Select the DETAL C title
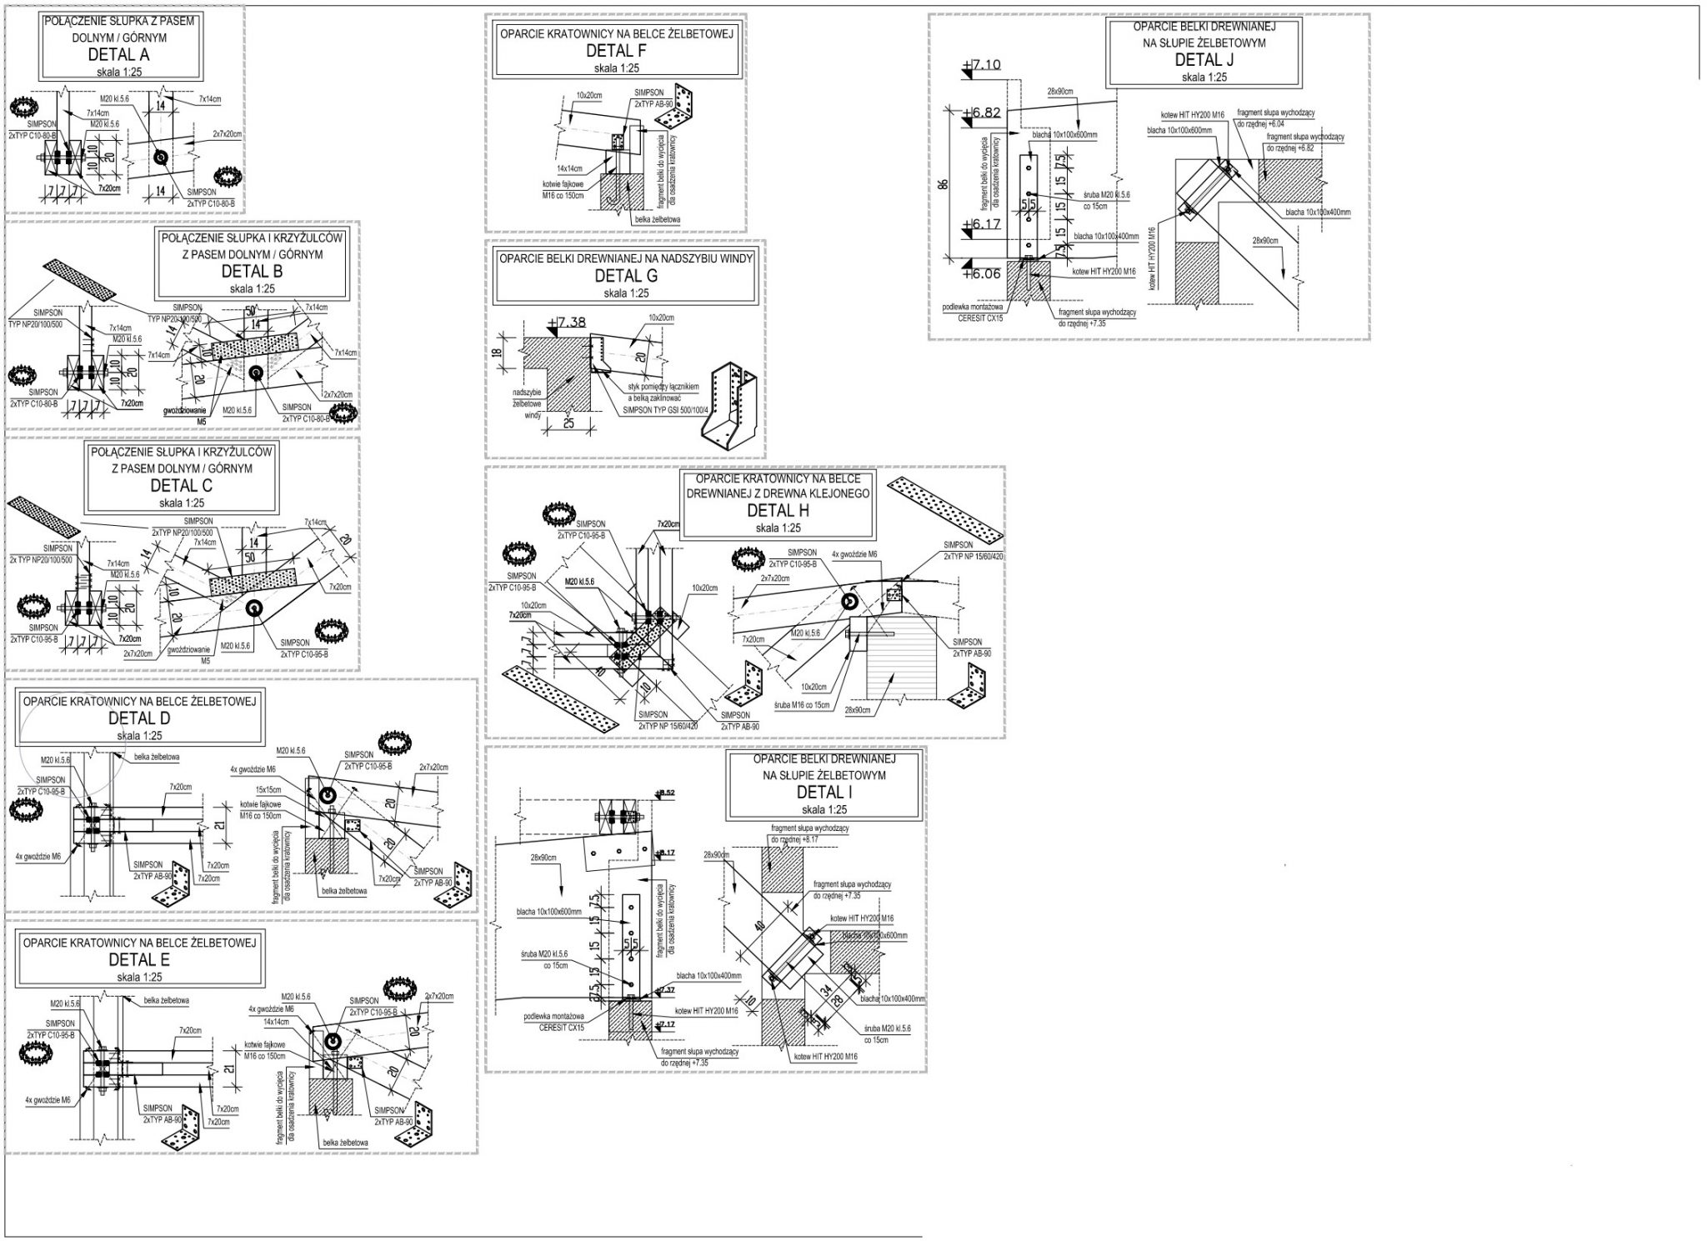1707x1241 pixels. coord(181,485)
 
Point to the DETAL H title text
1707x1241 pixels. coord(778,511)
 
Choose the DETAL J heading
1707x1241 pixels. coord(1204,59)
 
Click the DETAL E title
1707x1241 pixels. coord(139,959)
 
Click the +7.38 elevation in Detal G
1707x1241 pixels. coord(569,322)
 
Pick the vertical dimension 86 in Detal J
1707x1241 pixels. coord(943,184)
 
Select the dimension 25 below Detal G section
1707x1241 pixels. coord(569,424)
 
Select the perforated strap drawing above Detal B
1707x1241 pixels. coord(81,279)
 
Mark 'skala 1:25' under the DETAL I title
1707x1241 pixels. coord(823,809)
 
